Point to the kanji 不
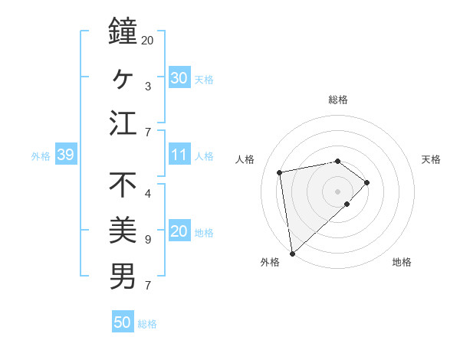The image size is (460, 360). [123, 185]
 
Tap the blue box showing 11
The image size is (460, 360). [179, 155]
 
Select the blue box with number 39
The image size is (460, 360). [65, 155]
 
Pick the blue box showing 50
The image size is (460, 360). [123, 322]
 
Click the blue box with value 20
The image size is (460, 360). [179, 232]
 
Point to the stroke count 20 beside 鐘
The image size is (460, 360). [148, 40]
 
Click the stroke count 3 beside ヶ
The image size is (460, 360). [147, 86]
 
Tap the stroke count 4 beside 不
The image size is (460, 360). [147, 193]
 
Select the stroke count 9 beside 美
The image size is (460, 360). [147, 240]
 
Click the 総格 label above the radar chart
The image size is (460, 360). [338, 100]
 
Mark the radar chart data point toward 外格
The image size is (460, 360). [292, 253]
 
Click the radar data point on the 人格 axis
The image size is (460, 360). [280, 172]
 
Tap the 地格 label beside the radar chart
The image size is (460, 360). [402, 263]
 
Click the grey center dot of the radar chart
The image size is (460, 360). [338, 191]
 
